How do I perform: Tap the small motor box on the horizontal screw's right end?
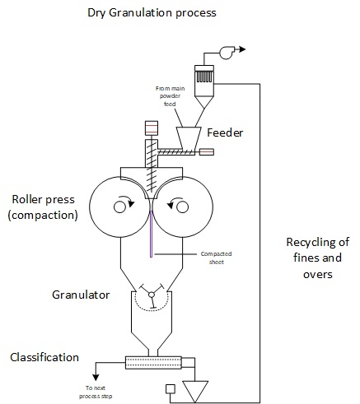206,151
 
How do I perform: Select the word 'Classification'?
44,358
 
